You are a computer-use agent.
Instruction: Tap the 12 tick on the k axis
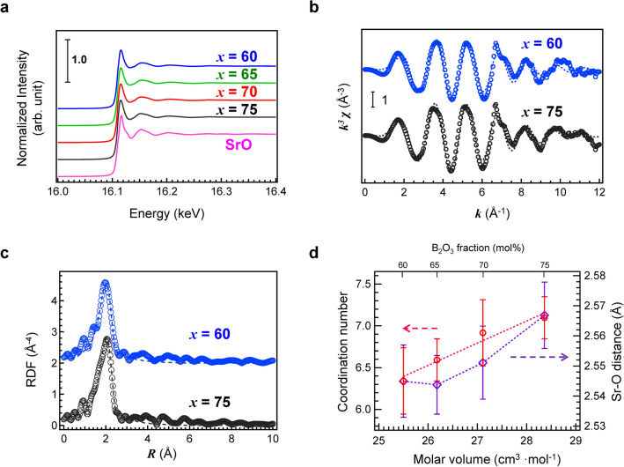(x=601, y=190)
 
